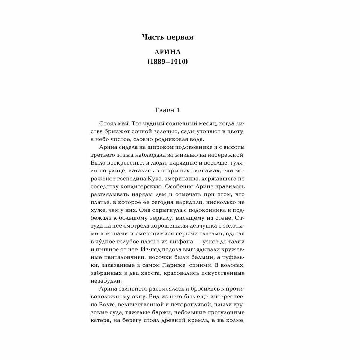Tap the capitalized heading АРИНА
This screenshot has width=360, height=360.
coord(167,53)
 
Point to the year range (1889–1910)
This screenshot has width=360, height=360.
coord(167,62)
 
